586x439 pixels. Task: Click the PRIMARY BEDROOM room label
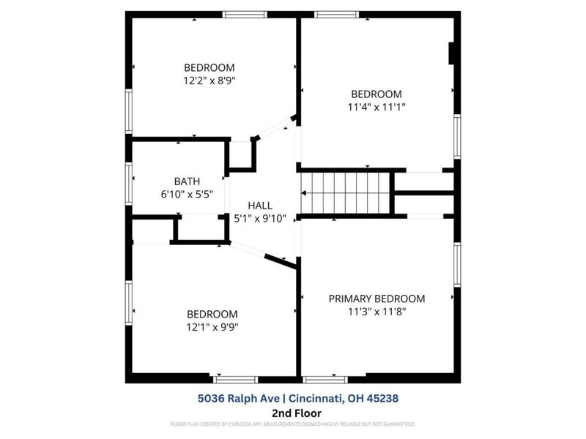click(x=377, y=299)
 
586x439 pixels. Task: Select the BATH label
click(x=187, y=181)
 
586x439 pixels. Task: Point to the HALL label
click(x=260, y=206)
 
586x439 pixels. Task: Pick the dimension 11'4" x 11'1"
click(x=377, y=107)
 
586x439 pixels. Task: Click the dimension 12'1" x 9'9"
click(x=212, y=327)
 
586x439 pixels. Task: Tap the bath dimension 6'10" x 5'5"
click(x=187, y=195)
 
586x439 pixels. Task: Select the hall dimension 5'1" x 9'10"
click(x=260, y=219)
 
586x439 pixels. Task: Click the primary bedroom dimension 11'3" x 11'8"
click(x=377, y=312)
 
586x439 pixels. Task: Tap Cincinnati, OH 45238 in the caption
click(x=344, y=398)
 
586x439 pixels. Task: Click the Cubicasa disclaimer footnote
click(x=292, y=424)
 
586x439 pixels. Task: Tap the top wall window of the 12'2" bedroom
click(x=245, y=14)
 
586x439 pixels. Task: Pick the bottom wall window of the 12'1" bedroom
click(x=235, y=379)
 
